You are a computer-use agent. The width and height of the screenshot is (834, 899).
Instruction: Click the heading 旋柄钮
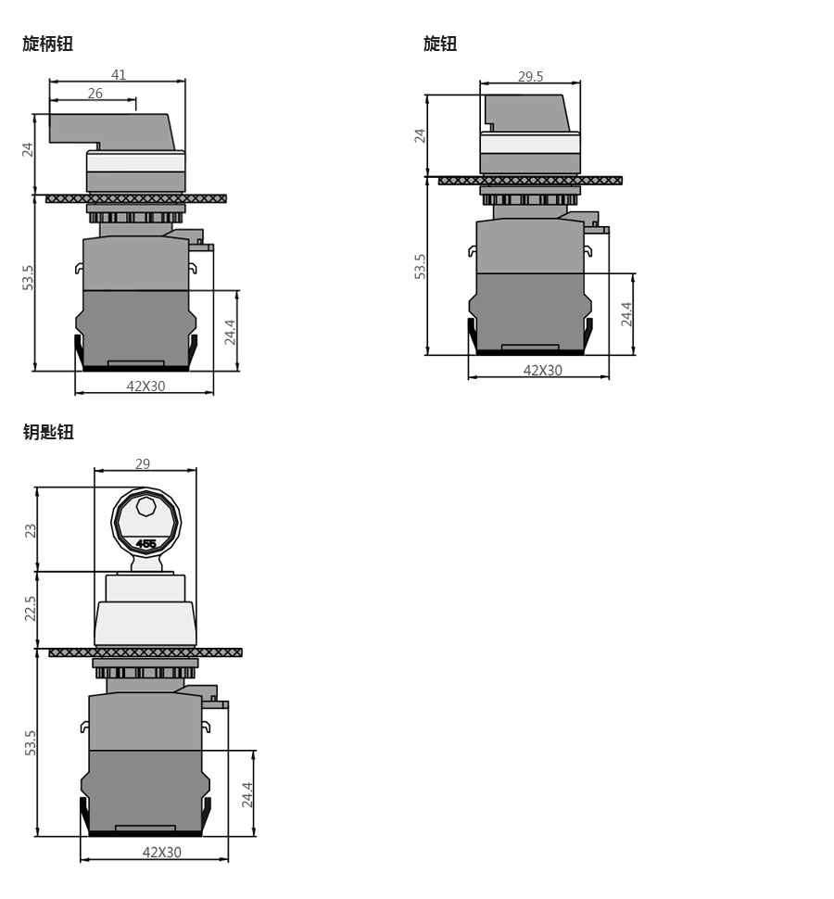click(48, 44)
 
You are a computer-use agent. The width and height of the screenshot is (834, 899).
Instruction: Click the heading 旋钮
click(440, 44)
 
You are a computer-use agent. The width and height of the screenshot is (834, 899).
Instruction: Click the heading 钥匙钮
click(48, 432)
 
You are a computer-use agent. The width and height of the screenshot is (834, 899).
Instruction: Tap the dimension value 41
click(119, 75)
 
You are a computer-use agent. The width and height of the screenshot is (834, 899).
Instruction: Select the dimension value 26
click(95, 94)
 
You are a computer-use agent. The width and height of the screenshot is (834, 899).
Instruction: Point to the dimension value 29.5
click(531, 77)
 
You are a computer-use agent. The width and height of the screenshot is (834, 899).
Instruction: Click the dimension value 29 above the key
click(143, 463)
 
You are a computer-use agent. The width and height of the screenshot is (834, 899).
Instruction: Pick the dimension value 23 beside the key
click(31, 530)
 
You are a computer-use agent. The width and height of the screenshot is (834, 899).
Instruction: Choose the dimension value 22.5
click(31, 608)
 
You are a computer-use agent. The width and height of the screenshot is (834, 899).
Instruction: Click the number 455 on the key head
click(145, 544)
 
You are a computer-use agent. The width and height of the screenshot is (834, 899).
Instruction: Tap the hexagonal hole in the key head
click(146, 506)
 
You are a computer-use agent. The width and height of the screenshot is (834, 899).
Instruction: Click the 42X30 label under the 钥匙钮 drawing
click(162, 853)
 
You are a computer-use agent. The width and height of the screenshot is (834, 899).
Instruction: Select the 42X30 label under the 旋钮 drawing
click(543, 371)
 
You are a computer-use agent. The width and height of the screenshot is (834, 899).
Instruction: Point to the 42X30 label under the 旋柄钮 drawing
click(146, 386)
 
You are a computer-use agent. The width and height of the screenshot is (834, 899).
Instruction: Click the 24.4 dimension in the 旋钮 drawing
click(627, 314)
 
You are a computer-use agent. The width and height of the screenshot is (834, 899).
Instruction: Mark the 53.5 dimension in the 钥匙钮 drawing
click(31, 742)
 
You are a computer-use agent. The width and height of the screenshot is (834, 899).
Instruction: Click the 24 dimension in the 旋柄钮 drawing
click(28, 148)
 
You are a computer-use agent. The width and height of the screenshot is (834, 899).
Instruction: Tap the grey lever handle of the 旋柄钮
click(111, 129)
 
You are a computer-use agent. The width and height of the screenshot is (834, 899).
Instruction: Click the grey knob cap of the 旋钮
click(525, 112)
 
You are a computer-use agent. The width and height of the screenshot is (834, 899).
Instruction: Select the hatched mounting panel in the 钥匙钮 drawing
click(145, 652)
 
